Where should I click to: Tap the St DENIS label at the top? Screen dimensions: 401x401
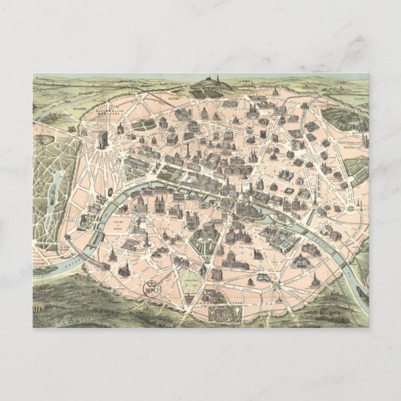(x=243, y=81)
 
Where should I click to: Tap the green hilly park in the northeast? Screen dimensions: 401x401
(x=343, y=118)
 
